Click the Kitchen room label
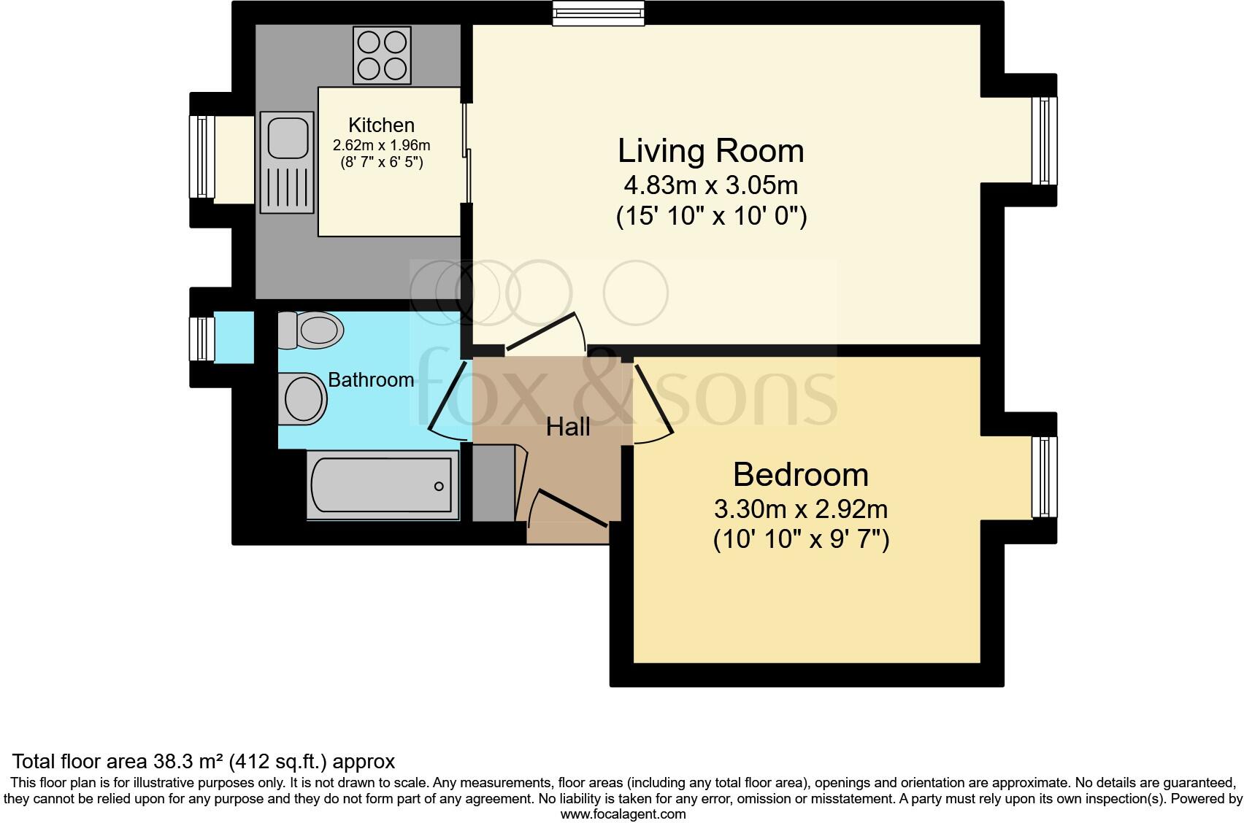point(381,125)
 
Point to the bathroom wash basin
point(303,399)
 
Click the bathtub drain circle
point(439,486)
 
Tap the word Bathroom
point(371,379)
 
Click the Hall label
point(568,427)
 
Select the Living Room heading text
point(710,151)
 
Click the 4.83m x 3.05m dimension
point(710,185)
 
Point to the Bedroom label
point(800,474)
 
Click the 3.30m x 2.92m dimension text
point(800,508)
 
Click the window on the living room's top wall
point(599,13)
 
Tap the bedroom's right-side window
point(1045,477)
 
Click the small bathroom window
point(201,339)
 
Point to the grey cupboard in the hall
point(494,484)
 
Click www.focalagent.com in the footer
point(622,814)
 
